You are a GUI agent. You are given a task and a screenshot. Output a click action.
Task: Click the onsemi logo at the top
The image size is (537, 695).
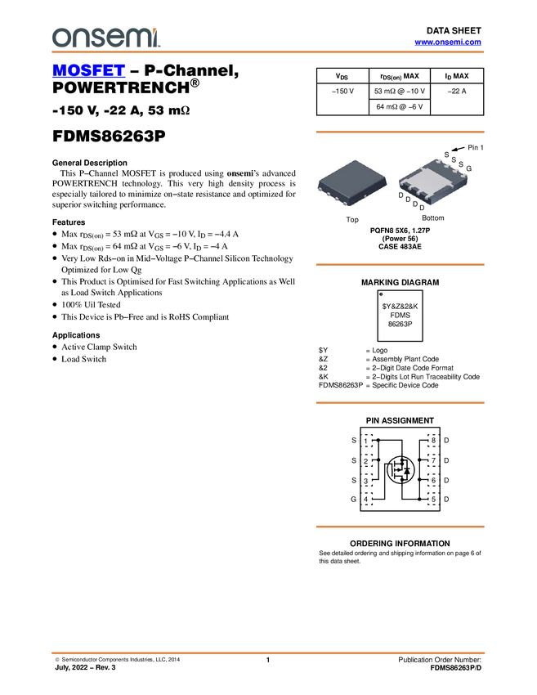pyautogui.click(x=105, y=37)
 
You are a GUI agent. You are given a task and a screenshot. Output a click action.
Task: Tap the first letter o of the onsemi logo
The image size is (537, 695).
pyautogui.click(x=60, y=38)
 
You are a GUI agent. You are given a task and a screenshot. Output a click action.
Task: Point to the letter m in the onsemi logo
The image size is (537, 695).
pyautogui.click(x=136, y=38)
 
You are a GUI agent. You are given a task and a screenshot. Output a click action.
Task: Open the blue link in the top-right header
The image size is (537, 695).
pyautogui.click(x=448, y=42)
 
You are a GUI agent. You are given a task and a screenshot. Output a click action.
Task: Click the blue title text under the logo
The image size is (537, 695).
pyautogui.click(x=88, y=71)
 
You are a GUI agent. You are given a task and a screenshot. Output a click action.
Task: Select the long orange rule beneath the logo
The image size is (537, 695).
pyautogui.click(x=268, y=52)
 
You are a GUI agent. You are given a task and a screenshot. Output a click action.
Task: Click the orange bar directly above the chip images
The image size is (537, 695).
pyautogui.click(x=400, y=132)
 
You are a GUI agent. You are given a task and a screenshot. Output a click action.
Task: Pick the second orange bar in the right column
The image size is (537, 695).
pyautogui.click(x=400, y=265)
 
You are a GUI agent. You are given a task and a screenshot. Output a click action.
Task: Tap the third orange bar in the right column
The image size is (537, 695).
pyautogui.click(x=400, y=403)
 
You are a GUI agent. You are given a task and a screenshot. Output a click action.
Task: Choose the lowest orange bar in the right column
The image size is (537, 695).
pyautogui.click(x=400, y=527)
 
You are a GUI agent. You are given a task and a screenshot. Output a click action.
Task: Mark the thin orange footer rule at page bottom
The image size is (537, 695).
pyautogui.click(x=268, y=652)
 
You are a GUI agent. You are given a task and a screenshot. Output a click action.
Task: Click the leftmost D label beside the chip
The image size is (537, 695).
pyautogui.click(x=401, y=195)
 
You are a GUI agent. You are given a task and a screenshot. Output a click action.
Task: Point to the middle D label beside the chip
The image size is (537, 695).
pyautogui.click(x=408, y=200)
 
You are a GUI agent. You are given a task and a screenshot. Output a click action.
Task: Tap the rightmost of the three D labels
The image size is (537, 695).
pyautogui.click(x=415, y=204)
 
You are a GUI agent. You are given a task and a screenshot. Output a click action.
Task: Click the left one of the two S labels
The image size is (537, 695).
pyautogui.click(x=454, y=159)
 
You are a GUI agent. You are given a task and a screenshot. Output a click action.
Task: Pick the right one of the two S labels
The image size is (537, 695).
pyautogui.click(x=461, y=164)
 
